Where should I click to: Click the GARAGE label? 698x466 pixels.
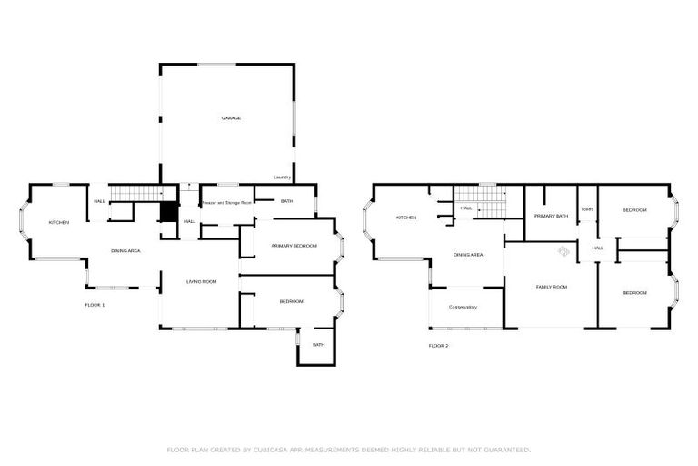tap(232, 118)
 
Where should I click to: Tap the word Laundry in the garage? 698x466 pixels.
tap(281, 177)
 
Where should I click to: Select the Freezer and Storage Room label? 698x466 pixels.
tap(226, 201)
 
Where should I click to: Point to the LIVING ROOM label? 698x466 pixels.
tap(201, 282)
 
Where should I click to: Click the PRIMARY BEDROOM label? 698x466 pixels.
tap(294, 246)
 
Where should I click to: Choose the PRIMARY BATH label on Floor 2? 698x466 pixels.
tap(551, 216)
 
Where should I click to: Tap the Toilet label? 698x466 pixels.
tap(586, 209)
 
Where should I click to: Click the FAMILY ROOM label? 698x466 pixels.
tap(551, 287)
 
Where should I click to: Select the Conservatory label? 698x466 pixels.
tap(463, 307)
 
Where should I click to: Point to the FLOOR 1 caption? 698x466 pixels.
tap(95, 304)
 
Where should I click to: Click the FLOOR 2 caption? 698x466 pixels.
tap(438, 346)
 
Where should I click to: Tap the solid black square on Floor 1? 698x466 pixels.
tap(167, 211)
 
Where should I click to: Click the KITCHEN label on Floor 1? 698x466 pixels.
tap(59, 223)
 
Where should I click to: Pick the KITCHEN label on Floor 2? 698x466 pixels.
tap(406, 218)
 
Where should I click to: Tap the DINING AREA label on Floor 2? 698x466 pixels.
tap(468, 255)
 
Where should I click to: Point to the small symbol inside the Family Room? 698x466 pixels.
tap(563, 251)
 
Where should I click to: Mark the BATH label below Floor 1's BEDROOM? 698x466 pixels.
tap(319, 345)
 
